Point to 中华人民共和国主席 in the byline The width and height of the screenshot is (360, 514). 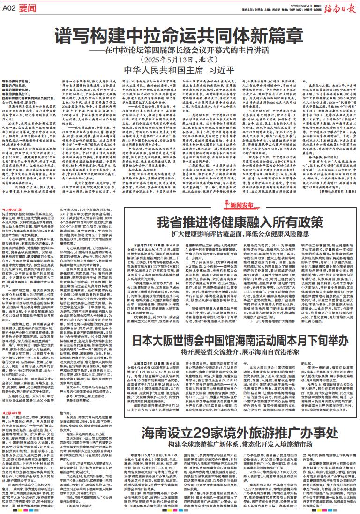pyautogui.click(x=162, y=72)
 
